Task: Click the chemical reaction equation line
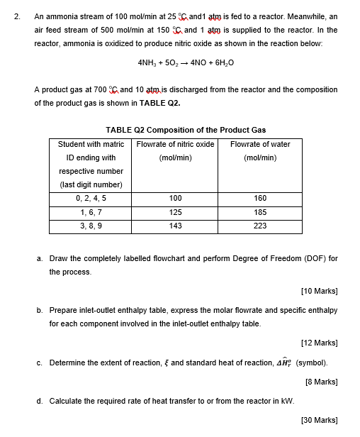186,62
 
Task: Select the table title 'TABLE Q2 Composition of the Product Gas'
186,130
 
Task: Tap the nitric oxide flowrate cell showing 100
176,199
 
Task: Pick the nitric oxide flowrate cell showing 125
176,212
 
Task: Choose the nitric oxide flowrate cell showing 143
176,226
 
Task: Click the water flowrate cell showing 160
260,199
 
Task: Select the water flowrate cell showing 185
260,212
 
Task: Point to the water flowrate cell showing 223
260,226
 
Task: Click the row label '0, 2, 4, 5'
91,199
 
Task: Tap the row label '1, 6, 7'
91,212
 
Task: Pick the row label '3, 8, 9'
91,226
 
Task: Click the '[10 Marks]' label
319,291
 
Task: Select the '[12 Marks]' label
319,343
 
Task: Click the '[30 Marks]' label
319,420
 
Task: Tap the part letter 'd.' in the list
40,401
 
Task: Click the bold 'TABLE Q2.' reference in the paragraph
161,103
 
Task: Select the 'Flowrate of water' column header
260,144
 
